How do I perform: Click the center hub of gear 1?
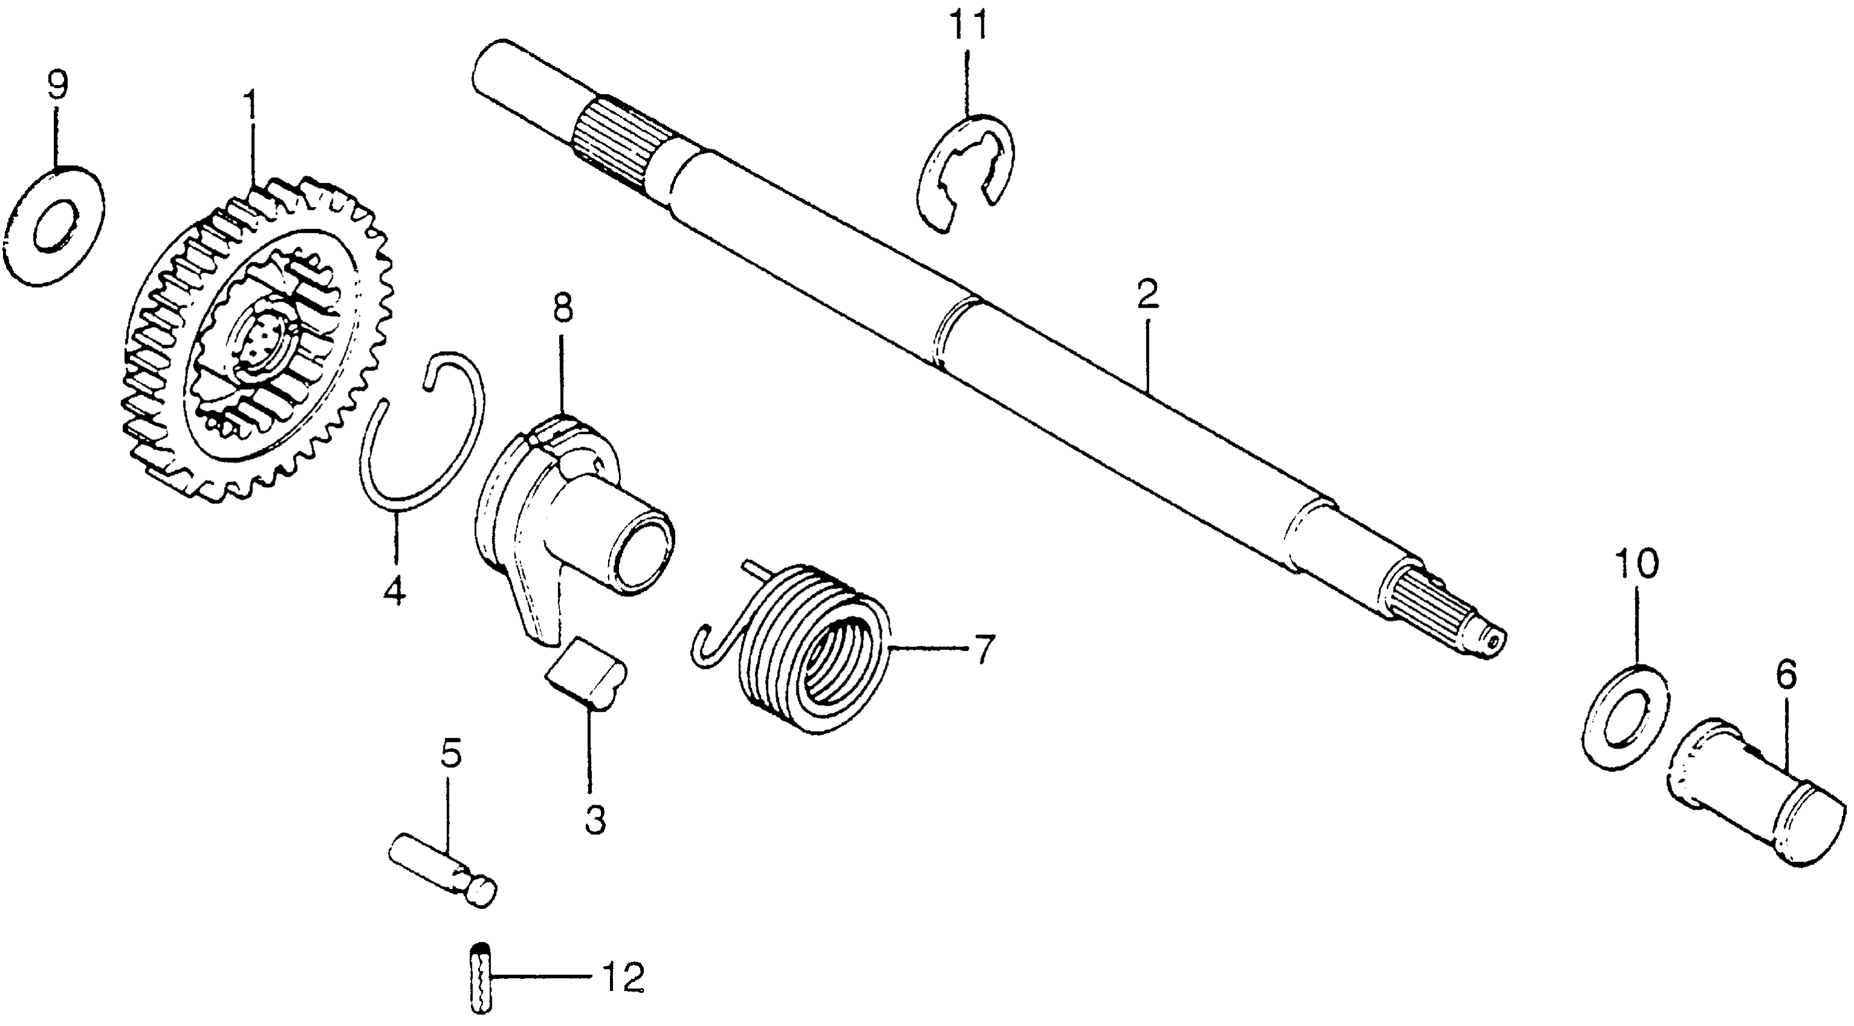263,338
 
